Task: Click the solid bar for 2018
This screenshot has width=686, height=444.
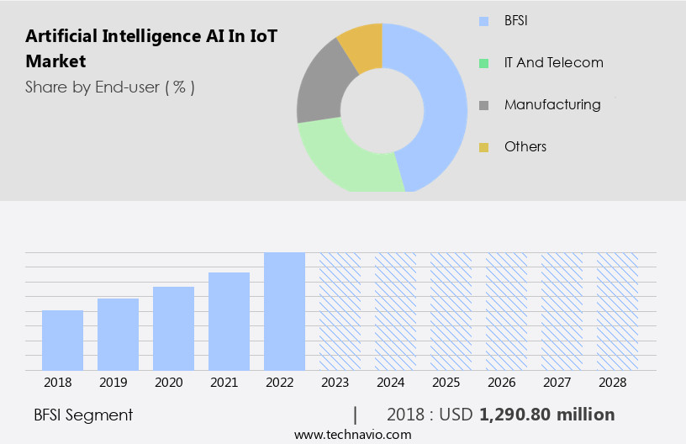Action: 62,341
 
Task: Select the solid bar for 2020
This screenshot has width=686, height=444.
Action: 173,329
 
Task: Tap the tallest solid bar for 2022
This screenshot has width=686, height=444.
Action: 284,311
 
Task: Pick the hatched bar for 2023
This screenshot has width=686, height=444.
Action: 340,311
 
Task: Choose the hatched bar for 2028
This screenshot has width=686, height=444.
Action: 617,311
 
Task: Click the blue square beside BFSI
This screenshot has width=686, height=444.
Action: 484,21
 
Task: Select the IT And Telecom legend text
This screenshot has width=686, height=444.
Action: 553,62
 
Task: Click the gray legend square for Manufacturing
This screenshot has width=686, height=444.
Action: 484,106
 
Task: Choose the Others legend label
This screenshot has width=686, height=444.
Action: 525,146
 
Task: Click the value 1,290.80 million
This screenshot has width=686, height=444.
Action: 546,415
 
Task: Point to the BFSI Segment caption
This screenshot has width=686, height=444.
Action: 83,415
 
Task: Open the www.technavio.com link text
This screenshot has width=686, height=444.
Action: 352,435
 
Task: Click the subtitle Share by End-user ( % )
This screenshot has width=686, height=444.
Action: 110,87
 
